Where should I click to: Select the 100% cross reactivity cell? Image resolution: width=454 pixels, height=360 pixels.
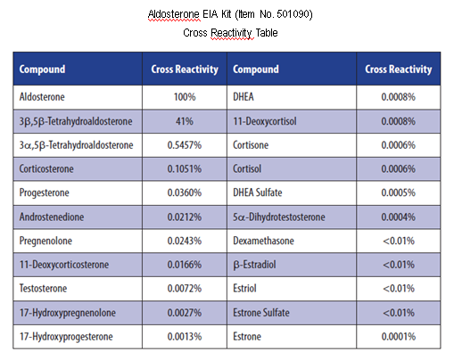coord(185,97)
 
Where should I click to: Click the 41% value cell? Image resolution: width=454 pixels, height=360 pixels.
coord(185,121)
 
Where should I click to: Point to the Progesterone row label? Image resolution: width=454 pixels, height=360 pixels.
coord(44,192)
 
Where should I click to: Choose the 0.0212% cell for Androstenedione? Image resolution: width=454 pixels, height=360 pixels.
coord(185,217)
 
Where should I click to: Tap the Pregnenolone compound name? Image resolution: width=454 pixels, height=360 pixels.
coord(45,241)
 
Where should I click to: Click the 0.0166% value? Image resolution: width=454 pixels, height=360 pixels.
coord(185,265)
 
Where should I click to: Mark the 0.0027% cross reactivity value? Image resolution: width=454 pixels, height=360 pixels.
coord(185,313)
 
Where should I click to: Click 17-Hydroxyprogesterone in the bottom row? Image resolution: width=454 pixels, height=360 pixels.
coord(66,337)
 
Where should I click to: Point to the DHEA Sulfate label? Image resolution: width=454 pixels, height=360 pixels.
coord(258,192)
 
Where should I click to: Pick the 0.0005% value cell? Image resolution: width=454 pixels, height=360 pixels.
coord(399,192)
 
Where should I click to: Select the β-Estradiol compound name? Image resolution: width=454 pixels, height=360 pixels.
coord(254,265)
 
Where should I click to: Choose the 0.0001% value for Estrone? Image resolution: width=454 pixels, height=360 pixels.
coord(399,337)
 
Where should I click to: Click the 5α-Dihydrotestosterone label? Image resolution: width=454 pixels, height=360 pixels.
coord(279,217)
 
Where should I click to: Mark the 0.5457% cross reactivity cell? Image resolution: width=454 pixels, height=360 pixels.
coord(185,145)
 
